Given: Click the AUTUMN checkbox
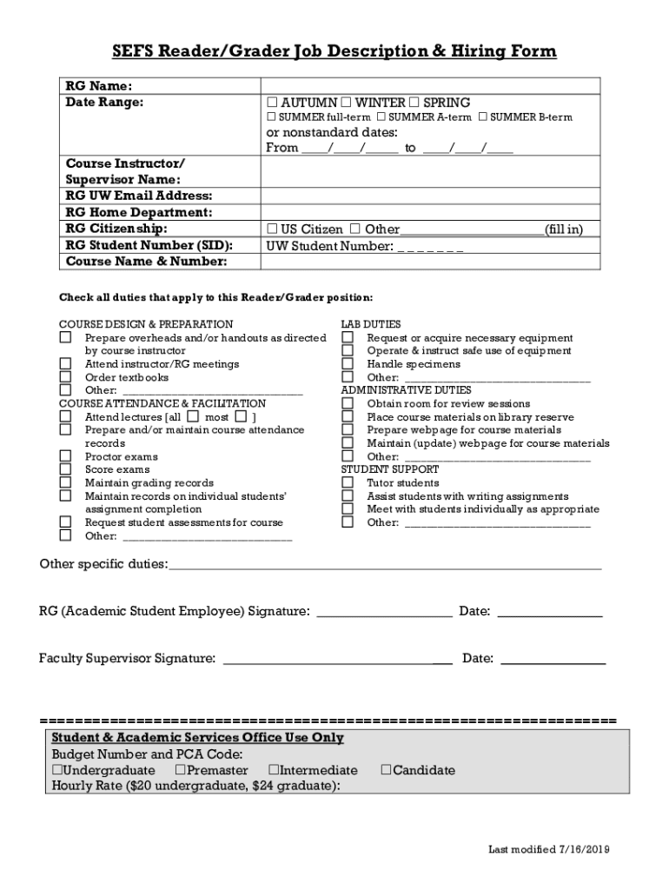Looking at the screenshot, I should click(x=272, y=103).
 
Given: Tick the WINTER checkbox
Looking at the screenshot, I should click(x=346, y=103).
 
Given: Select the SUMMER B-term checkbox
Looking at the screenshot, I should click(x=483, y=117).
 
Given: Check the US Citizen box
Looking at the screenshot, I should click(x=272, y=229).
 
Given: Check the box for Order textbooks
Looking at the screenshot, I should click(x=65, y=377).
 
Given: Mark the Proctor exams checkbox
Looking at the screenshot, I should click(x=65, y=456).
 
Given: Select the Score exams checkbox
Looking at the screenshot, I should click(x=65, y=469).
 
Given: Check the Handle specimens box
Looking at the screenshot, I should click(x=348, y=364).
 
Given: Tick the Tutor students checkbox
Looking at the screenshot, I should click(x=348, y=482).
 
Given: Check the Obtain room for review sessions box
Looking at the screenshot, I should click(x=348, y=403).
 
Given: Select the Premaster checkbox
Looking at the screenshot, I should click(x=180, y=770).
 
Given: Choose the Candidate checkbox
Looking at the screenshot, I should click(x=387, y=770).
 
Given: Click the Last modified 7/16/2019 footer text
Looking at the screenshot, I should click(x=548, y=849).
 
